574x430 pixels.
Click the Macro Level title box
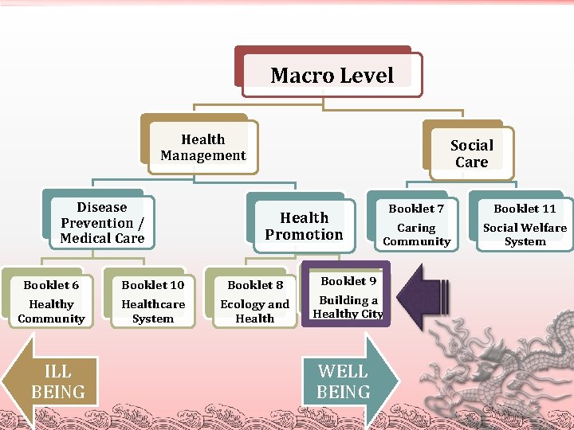pyautogui.click(x=332, y=76)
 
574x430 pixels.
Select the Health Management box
pyautogui.click(x=203, y=147)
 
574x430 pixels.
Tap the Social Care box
pyautogui.click(x=471, y=153)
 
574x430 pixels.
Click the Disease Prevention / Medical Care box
pyautogui.click(x=102, y=223)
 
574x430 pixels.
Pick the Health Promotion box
pyautogui.click(x=304, y=225)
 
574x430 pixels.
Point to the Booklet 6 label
pyautogui.click(x=51, y=285)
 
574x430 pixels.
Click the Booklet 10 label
pyautogui.click(x=152, y=285)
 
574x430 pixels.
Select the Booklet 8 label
pyautogui.click(x=255, y=285)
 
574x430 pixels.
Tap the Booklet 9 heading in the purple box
pyautogui.click(x=348, y=281)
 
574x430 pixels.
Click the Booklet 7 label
pyautogui.click(x=416, y=209)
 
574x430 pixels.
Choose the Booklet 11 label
pyautogui.click(x=525, y=209)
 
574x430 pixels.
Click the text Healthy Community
pyautogui.click(x=51, y=311)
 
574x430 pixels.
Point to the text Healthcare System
pyautogui.click(x=152, y=311)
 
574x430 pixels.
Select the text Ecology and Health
pyautogui.click(x=255, y=311)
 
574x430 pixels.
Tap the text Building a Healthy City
pyautogui.click(x=348, y=307)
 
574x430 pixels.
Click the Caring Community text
pyautogui.click(x=416, y=234)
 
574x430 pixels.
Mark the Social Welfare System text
pyautogui.click(x=525, y=234)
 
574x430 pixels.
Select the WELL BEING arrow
pyautogui.click(x=348, y=381)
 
